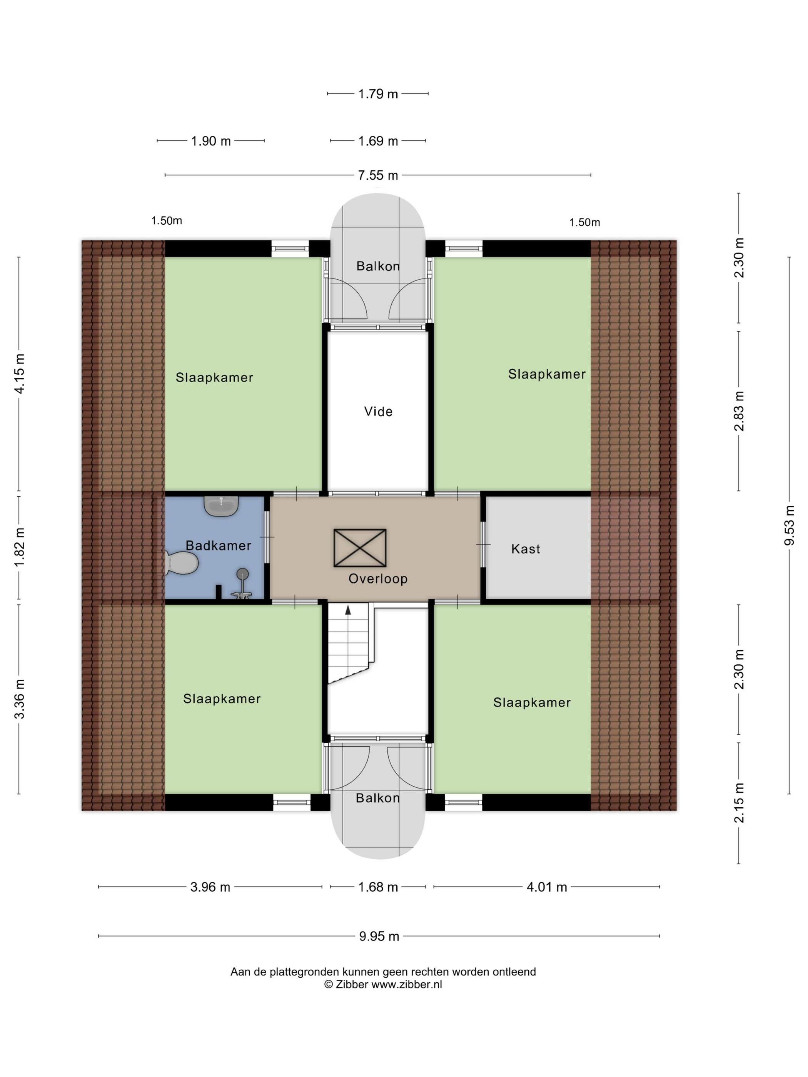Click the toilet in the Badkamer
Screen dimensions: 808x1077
tap(181, 563)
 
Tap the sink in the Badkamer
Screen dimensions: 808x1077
tap(221, 506)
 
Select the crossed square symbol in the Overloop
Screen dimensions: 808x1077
tap(360, 548)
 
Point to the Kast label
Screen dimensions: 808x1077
tap(526, 549)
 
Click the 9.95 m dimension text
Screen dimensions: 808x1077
tap(379, 936)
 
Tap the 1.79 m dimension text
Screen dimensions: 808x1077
tap(378, 93)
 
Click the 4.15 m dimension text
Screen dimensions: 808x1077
tap(19, 373)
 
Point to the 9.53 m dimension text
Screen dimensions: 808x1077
tap(790, 525)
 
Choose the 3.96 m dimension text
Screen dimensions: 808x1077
tap(210, 887)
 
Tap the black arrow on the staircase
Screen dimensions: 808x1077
tap(348, 610)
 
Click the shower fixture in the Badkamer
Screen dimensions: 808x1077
tap(242, 584)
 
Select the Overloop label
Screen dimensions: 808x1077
tap(378, 579)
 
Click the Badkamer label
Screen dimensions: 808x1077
tap(218, 545)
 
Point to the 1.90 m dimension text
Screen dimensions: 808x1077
tap(211, 141)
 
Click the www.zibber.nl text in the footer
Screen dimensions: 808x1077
tap(407, 984)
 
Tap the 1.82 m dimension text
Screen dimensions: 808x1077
tap(19, 547)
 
